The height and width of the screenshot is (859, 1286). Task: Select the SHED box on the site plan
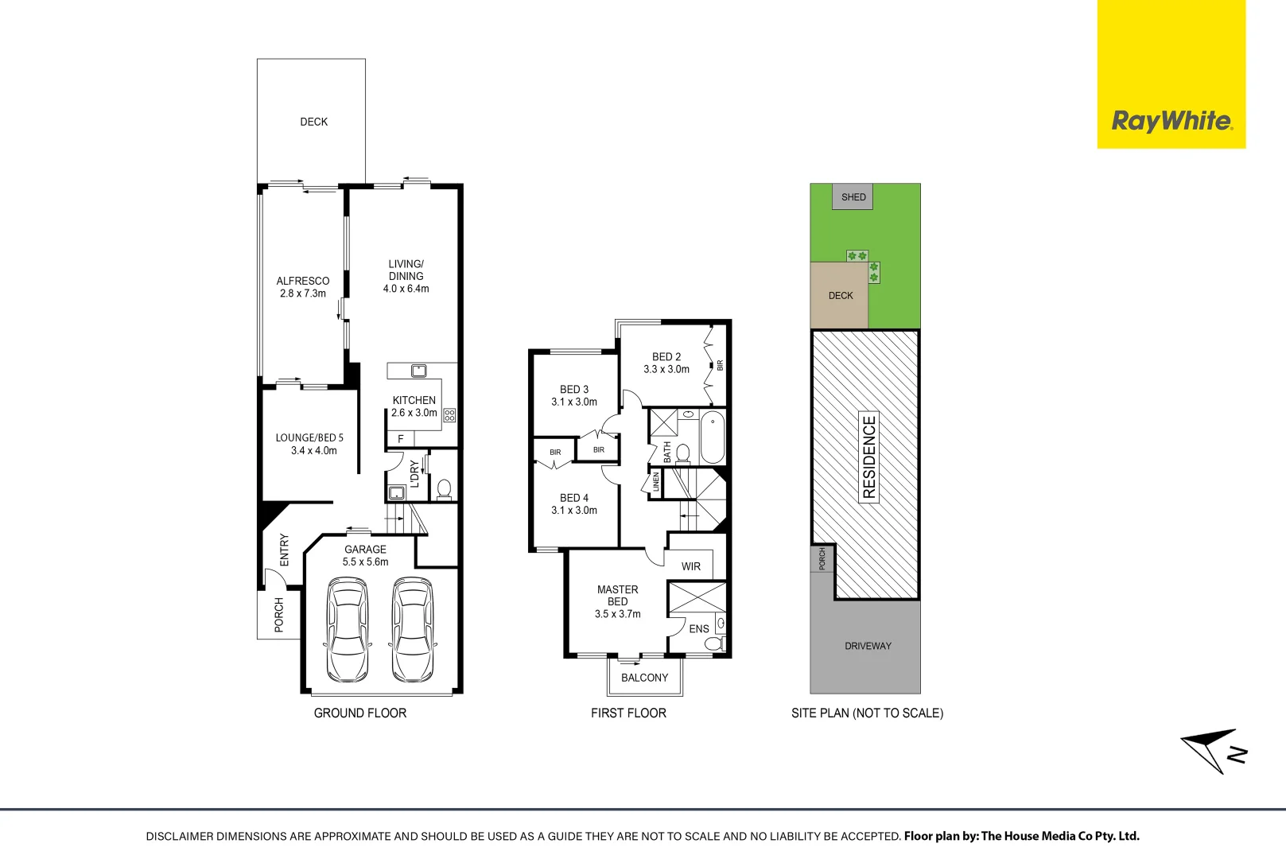tap(853, 197)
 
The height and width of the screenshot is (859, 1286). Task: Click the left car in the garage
tap(348, 629)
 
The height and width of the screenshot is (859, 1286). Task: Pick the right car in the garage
tap(413, 629)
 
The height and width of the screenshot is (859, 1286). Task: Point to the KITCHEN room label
tap(414, 400)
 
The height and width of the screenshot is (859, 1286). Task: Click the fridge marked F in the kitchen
tap(401, 439)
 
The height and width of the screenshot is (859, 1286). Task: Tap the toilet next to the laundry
tap(444, 490)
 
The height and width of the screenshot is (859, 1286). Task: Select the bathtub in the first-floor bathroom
tap(713, 437)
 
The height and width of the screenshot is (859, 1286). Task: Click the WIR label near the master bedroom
tap(690, 567)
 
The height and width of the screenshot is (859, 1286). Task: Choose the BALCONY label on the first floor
tap(645, 678)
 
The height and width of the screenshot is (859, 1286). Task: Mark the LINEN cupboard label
tap(655, 482)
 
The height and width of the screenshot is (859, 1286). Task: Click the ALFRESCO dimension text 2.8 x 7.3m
tap(302, 293)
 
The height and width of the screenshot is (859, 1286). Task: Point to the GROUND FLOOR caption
tap(360, 713)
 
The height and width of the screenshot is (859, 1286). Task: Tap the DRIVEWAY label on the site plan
tap(868, 646)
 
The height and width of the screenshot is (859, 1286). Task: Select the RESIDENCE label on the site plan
tap(869, 457)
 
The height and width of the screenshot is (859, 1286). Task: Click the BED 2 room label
tap(666, 356)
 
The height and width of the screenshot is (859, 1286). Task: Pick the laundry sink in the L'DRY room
tap(397, 492)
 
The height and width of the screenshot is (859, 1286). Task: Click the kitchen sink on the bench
tap(418, 371)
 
